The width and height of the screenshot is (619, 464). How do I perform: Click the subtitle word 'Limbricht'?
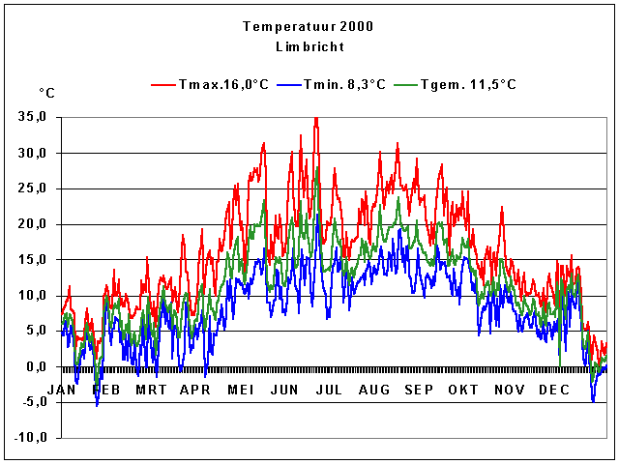[x=309, y=46]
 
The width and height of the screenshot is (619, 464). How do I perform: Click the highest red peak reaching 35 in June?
[x=315, y=119]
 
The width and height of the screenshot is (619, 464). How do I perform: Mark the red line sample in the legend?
[x=163, y=85]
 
